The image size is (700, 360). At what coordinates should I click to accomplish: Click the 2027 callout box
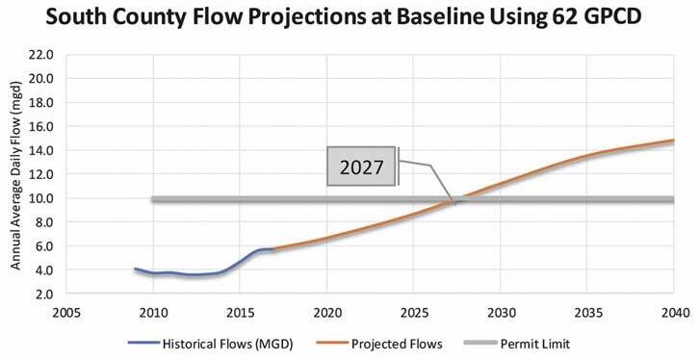tap(362, 166)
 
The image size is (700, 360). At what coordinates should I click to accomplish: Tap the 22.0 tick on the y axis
tap(41, 55)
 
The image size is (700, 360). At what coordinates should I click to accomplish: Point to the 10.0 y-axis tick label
tap(41, 198)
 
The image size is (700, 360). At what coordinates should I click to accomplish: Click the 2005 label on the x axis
tap(66, 313)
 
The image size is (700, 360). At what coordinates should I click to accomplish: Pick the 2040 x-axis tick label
tap(675, 313)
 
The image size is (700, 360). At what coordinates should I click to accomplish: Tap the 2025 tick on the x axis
tap(414, 313)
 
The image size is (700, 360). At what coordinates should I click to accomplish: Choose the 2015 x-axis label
tap(240, 313)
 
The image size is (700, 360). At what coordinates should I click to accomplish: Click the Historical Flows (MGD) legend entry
tap(210, 344)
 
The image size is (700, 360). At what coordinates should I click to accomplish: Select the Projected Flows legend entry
tap(379, 344)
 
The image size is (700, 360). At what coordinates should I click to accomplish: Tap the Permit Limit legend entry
tap(517, 344)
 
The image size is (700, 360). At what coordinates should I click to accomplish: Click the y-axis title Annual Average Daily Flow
tap(15, 175)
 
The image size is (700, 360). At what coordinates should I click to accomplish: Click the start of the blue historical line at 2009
tap(135, 269)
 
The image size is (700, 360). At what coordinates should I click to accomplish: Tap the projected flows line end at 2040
tap(674, 141)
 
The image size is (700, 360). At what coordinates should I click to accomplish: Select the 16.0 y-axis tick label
tap(41, 127)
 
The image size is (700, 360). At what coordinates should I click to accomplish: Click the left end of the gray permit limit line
tap(153, 199)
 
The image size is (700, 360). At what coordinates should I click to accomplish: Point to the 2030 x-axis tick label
tap(501, 313)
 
